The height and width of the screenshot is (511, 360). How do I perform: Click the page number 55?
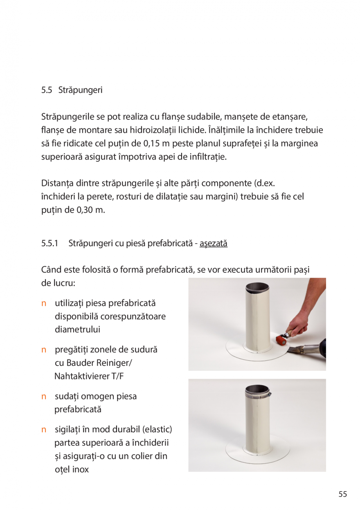343,494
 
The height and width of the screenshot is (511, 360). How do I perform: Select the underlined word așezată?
213,243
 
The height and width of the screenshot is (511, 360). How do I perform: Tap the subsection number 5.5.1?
49,243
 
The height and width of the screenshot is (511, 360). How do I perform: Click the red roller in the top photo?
281,339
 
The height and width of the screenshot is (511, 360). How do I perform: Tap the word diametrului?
77,330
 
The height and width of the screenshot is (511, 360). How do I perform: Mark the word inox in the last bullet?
81,469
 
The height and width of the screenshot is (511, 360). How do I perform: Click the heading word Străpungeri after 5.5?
80,90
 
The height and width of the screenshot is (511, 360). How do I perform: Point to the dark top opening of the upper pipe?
257,287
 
